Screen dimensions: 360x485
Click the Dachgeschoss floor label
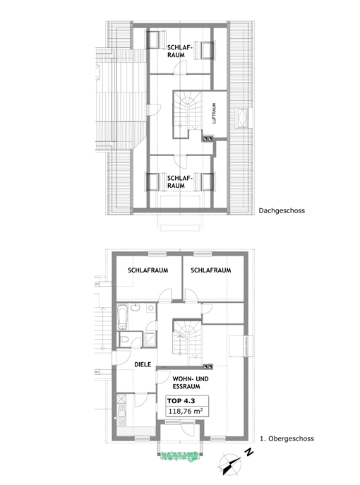pos(282,211)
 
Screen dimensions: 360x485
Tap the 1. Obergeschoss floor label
pos(287,438)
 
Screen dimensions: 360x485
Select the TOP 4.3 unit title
pos(181,401)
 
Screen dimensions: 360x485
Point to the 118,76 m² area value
pos(186,411)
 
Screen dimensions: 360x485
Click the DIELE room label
pos(143,364)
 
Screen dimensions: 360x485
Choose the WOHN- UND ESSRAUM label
pos(190,383)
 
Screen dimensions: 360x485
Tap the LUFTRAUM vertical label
pos(214,114)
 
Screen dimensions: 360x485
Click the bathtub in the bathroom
pos(123,317)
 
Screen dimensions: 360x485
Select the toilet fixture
pos(124,340)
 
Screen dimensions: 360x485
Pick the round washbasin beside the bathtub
pos(135,308)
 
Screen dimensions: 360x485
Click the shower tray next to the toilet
pos(150,340)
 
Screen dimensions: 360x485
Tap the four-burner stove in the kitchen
pos(121,422)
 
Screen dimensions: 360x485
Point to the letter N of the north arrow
pos(249,453)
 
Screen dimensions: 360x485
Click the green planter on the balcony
pos(180,455)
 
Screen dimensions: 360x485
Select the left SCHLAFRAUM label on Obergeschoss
pos(148,270)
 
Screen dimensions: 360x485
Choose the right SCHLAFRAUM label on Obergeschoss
pos(210,270)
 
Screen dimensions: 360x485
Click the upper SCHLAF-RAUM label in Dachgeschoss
pos(180,51)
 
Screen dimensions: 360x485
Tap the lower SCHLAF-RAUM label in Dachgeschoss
pos(180,182)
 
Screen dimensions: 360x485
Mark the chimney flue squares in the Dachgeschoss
pos(208,139)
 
